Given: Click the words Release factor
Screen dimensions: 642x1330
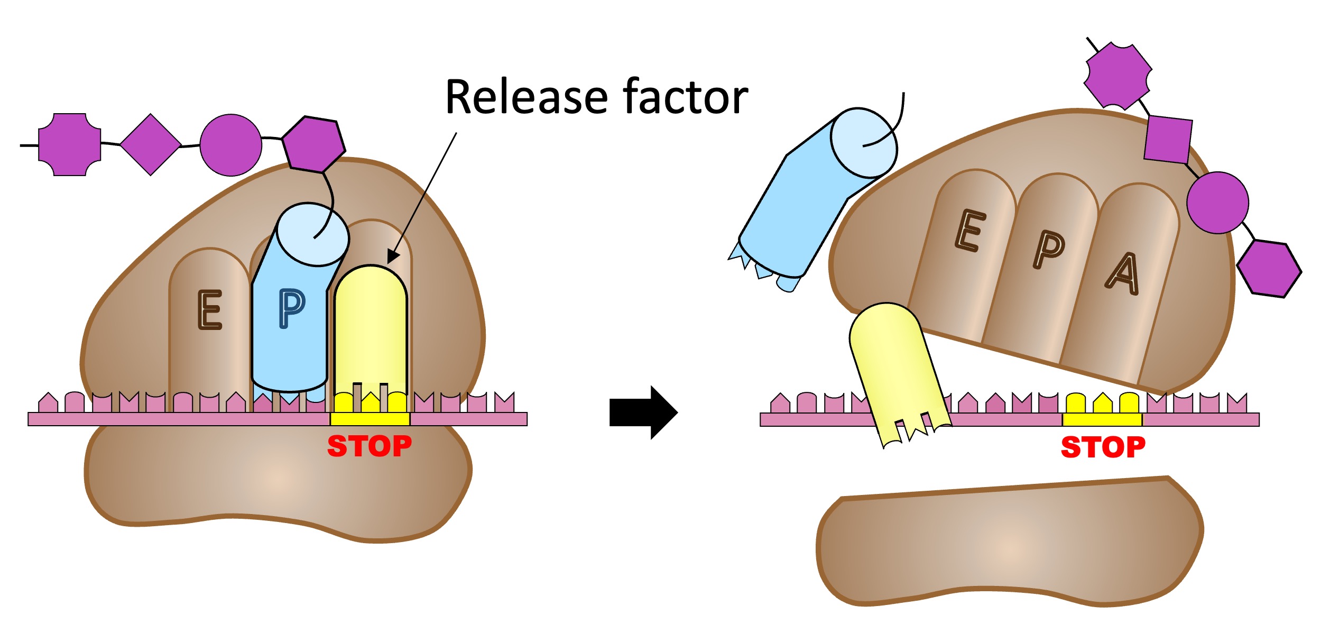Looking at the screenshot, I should (x=596, y=97).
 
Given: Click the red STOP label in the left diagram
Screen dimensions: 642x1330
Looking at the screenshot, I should (x=370, y=446).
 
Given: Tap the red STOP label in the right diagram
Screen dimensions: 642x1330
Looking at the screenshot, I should (x=1103, y=447).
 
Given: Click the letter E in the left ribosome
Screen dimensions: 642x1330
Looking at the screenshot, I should (x=210, y=310).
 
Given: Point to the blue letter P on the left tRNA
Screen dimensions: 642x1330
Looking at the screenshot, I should (x=291, y=308).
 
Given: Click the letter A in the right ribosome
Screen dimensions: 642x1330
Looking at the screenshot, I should (x=1123, y=274).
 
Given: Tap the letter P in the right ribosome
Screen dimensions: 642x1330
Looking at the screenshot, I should (x=1049, y=250).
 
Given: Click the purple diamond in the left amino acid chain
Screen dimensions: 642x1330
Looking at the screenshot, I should (x=151, y=144).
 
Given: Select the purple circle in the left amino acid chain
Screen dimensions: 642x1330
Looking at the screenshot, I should (x=230, y=145).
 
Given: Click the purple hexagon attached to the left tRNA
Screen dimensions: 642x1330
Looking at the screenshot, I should (x=313, y=144).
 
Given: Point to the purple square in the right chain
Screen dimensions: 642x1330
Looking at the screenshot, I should (x=1168, y=140).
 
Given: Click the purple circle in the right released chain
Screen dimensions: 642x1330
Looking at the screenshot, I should (x=1217, y=203).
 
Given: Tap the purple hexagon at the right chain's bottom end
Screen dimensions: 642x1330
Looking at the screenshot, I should (x=1269, y=269).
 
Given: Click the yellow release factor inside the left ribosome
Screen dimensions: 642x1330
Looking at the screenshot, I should (x=371, y=328).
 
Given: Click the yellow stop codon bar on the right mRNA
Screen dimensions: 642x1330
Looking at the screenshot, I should (x=1102, y=420).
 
